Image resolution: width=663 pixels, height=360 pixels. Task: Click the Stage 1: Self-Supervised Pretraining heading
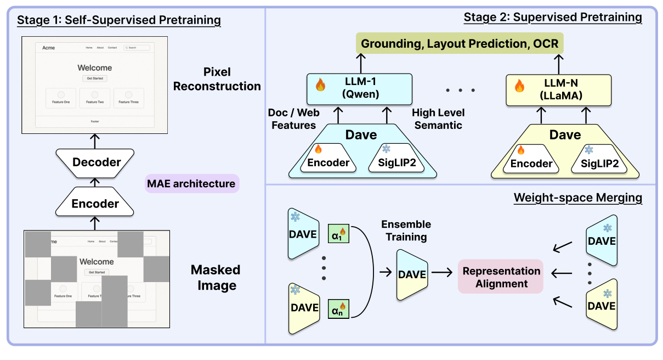click(x=119, y=21)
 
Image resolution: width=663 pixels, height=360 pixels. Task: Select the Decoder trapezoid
click(x=97, y=162)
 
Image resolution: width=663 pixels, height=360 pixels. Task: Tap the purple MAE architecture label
click(x=191, y=183)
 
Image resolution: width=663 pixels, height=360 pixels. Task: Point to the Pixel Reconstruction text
click(x=217, y=79)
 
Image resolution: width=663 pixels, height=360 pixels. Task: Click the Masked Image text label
click(x=216, y=278)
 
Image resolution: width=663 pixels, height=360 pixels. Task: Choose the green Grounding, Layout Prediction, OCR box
click(x=460, y=43)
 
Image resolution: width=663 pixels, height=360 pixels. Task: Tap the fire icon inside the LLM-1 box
click(x=321, y=85)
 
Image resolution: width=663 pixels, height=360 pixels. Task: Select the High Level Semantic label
click(x=438, y=119)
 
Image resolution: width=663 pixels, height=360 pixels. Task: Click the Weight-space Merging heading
click(x=577, y=198)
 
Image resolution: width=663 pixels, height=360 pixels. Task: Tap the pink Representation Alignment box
click(x=501, y=278)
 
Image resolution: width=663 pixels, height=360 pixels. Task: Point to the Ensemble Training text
click(x=406, y=230)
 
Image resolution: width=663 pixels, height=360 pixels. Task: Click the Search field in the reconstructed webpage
click(x=137, y=48)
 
